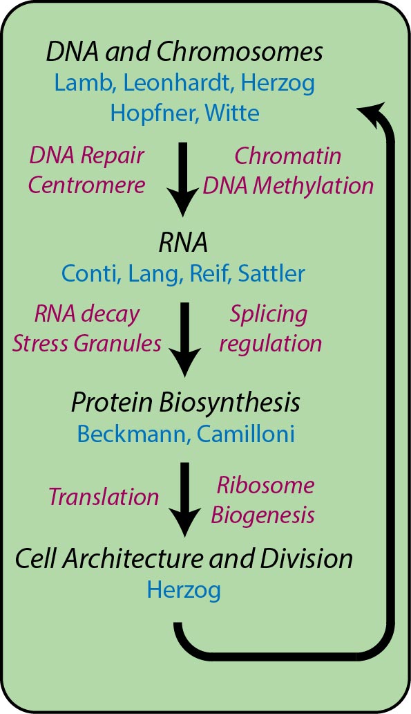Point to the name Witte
coord(232,113)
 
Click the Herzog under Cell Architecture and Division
coord(184,591)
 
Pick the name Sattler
coord(271,274)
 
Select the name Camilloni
coord(245,434)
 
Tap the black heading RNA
coord(183,243)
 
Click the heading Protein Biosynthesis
coord(186,403)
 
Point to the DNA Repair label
coord(86,156)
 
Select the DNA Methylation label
coord(288,186)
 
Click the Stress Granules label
coord(86,343)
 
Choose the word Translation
coord(104,497)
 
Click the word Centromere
coord(86,185)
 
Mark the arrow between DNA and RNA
coord(184,179)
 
